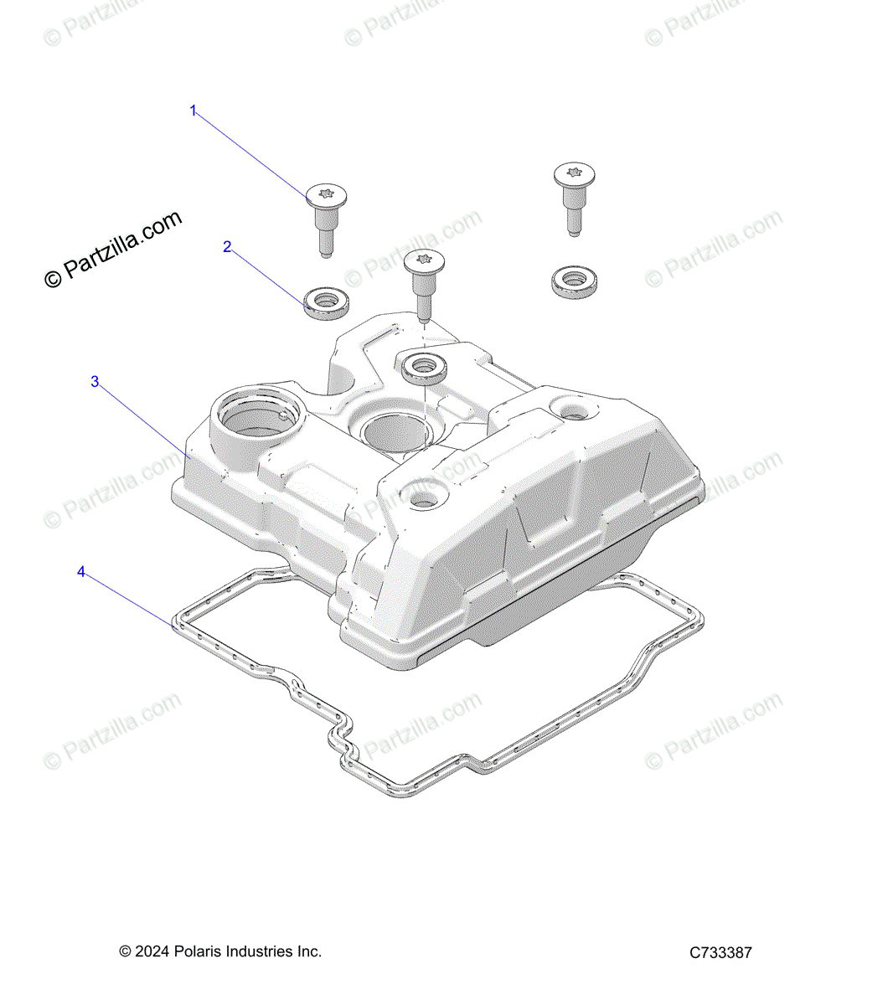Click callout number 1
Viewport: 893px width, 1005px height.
pyautogui.click(x=194, y=111)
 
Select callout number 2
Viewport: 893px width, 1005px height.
pyautogui.click(x=227, y=247)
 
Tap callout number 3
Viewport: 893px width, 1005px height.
pyautogui.click(x=95, y=382)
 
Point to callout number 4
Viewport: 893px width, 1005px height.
pyautogui.click(x=81, y=572)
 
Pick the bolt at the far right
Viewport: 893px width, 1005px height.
pyautogui.click(x=574, y=198)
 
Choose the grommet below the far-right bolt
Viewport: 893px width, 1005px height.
pyautogui.click(x=574, y=281)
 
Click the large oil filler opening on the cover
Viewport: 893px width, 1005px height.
pyautogui.click(x=250, y=423)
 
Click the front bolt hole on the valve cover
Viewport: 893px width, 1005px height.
pyautogui.click(x=420, y=497)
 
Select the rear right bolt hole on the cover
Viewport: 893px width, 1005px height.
pyautogui.click(x=574, y=411)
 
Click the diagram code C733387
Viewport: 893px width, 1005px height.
pyautogui.click(x=720, y=952)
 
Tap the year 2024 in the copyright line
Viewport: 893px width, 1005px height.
pyautogui.click(x=151, y=951)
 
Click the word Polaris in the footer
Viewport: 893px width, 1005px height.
pyautogui.click(x=198, y=951)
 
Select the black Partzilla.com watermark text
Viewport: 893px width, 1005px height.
pyautogui.click(x=113, y=249)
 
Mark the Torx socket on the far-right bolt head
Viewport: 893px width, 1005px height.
pyautogui.click(x=574, y=173)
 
